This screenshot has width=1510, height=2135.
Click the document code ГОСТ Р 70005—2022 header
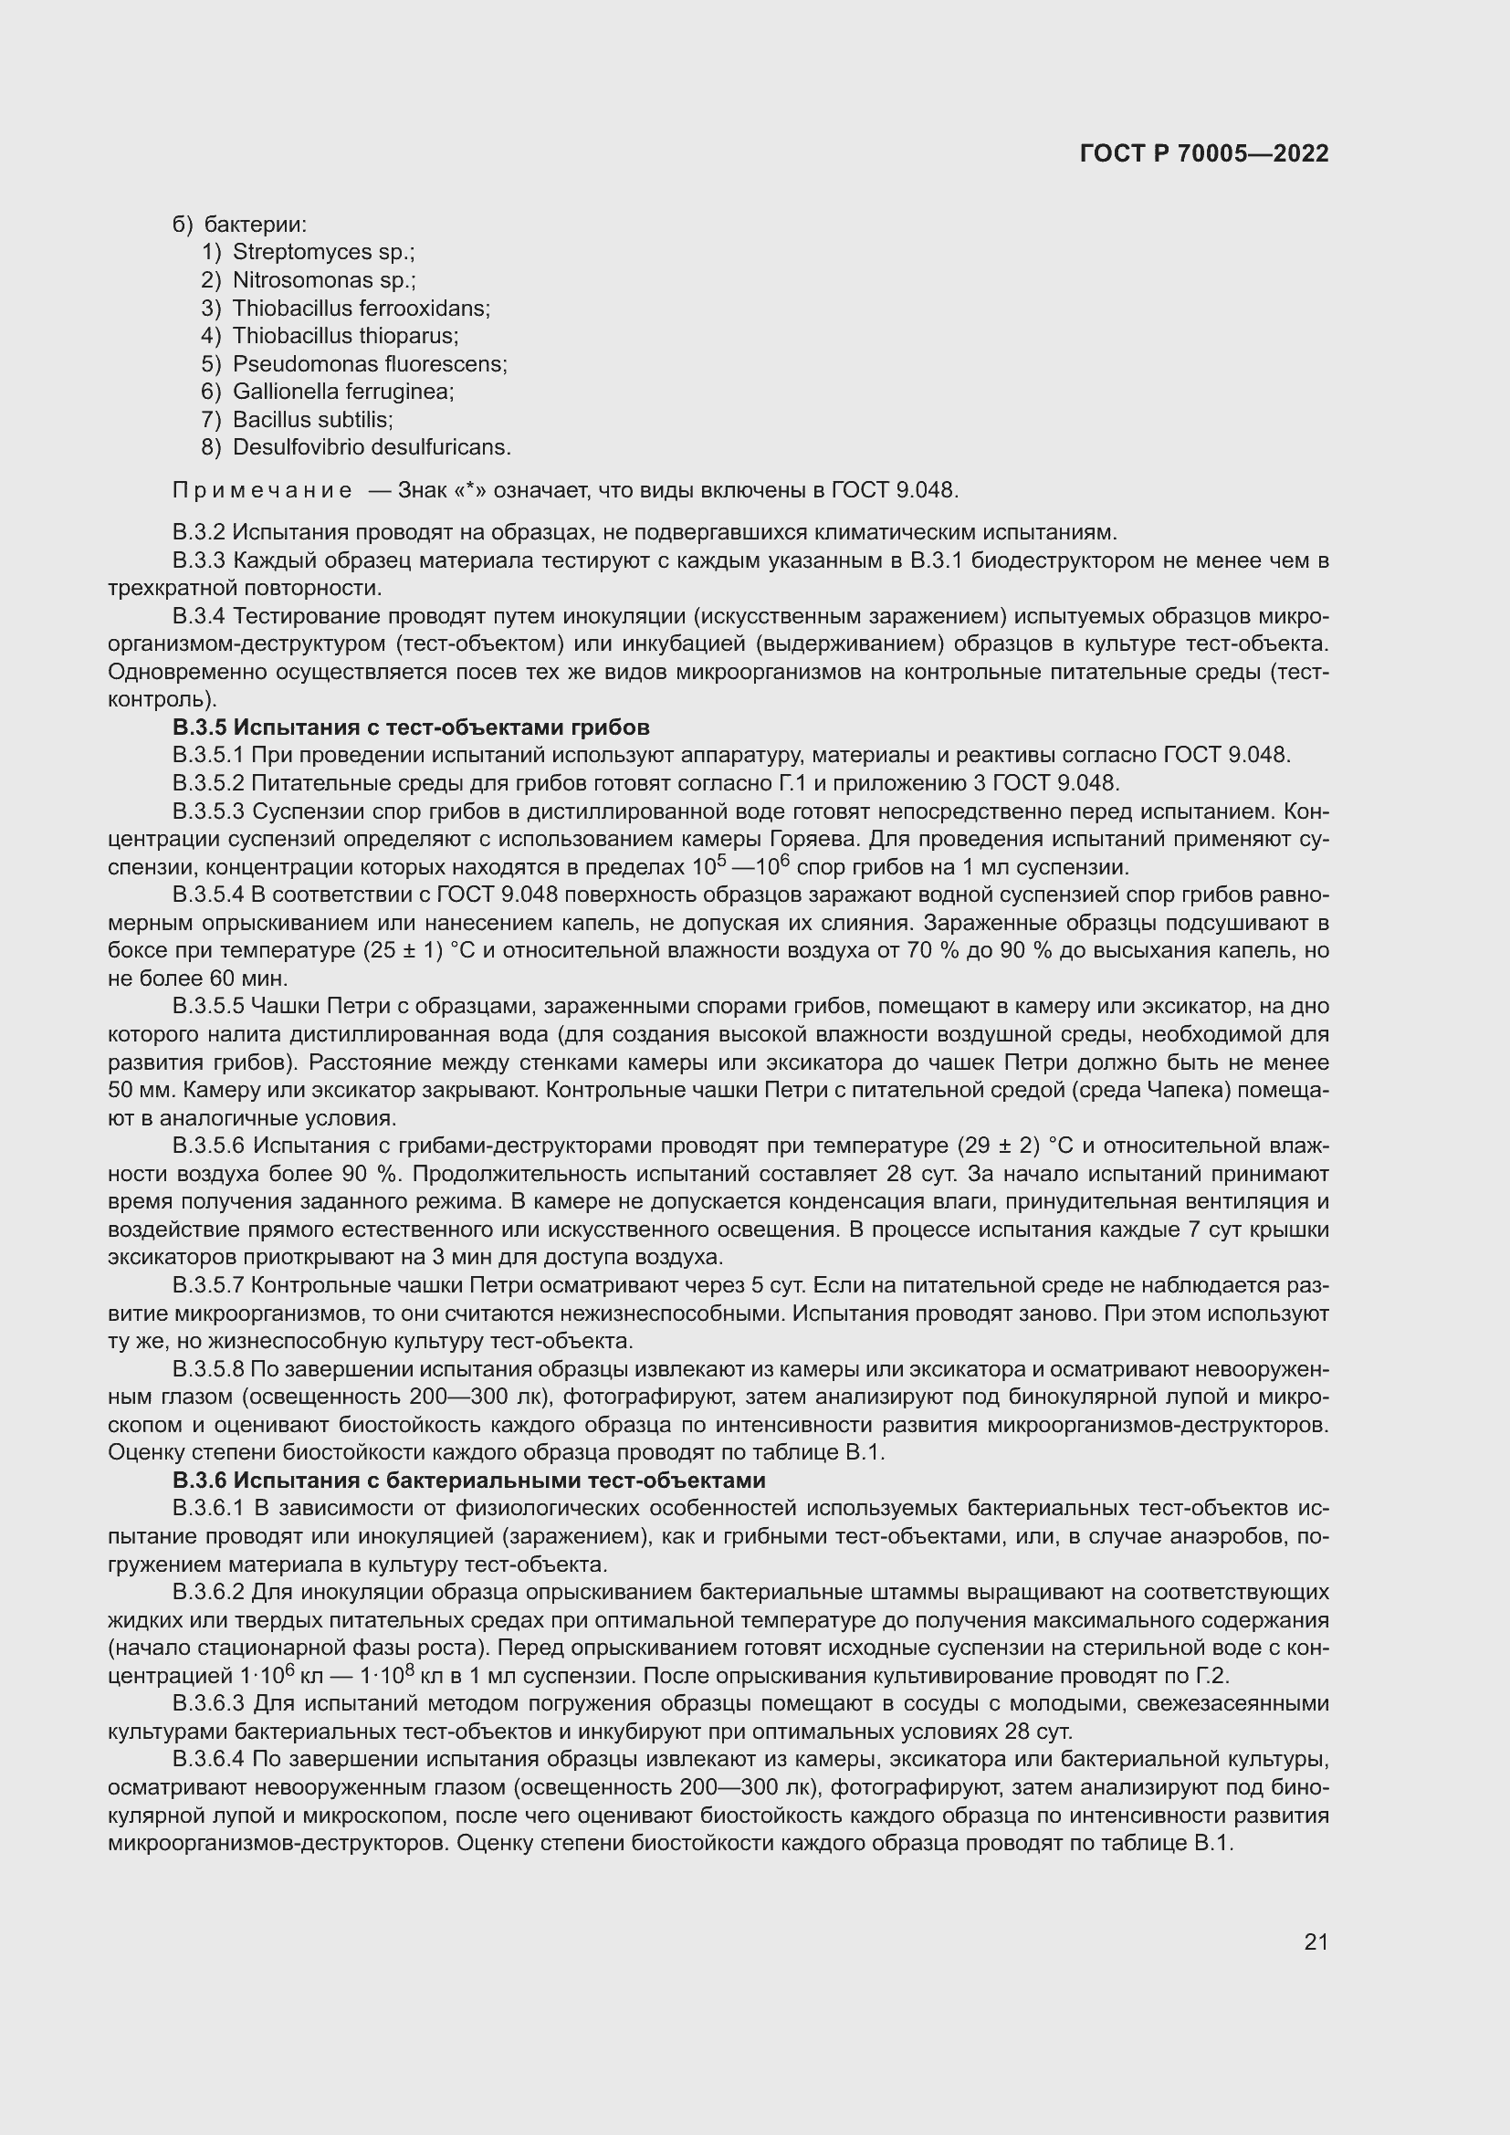click(1204, 154)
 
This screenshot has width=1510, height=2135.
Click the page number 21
click(1316, 1941)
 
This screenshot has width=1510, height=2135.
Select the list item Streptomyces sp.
click(322, 252)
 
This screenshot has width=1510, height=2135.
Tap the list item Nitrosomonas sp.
click(323, 280)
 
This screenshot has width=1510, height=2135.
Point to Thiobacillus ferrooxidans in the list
click(361, 308)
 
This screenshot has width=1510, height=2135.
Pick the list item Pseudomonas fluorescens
click(369, 363)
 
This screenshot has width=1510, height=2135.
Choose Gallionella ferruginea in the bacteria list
click(342, 392)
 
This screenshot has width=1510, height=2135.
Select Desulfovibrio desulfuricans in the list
click(371, 447)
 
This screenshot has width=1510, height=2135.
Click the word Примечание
click(262, 490)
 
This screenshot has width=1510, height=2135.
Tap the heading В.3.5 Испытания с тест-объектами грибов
click(410, 727)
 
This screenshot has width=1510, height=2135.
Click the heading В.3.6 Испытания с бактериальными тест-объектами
click(468, 1481)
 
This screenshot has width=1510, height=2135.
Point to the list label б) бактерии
click(240, 225)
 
